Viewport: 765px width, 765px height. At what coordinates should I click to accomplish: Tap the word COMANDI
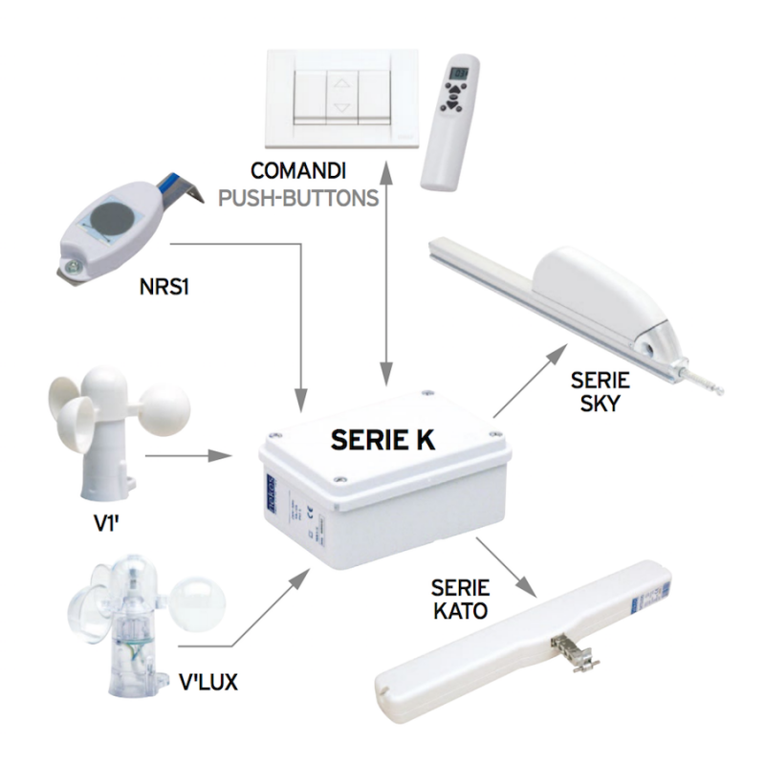click(x=299, y=172)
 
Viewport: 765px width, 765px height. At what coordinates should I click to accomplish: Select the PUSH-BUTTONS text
click(x=299, y=198)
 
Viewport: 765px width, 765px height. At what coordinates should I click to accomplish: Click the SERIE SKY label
click(x=600, y=392)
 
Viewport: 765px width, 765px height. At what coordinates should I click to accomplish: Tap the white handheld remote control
click(x=453, y=124)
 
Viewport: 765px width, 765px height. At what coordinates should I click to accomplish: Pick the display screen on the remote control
click(x=460, y=74)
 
